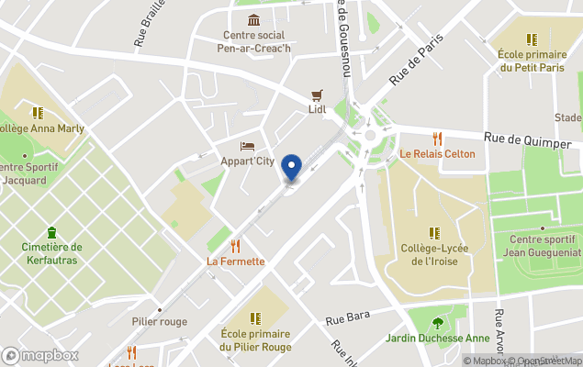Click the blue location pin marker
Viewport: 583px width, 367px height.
coord(291,168)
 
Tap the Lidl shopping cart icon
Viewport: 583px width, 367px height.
coord(318,95)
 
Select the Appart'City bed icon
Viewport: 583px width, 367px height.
coord(247,146)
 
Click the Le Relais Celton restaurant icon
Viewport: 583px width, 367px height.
coord(437,139)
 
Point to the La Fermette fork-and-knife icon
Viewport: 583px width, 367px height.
coord(236,246)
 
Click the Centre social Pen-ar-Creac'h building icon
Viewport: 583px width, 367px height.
coord(253,20)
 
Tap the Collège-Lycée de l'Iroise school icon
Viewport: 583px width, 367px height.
coord(434,233)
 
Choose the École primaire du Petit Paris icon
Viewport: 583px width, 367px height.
coord(531,39)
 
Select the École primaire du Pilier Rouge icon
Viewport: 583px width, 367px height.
coord(255,318)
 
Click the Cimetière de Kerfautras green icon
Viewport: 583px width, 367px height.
coord(51,232)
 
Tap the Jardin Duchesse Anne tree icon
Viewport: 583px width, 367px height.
coord(438,322)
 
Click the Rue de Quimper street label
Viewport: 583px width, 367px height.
coord(521,139)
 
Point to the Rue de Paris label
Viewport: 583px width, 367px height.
coord(416,61)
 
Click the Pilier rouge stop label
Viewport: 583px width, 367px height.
coord(159,321)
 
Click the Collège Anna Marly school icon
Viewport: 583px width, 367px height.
coord(38,113)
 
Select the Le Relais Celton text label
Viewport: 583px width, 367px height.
coord(437,154)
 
